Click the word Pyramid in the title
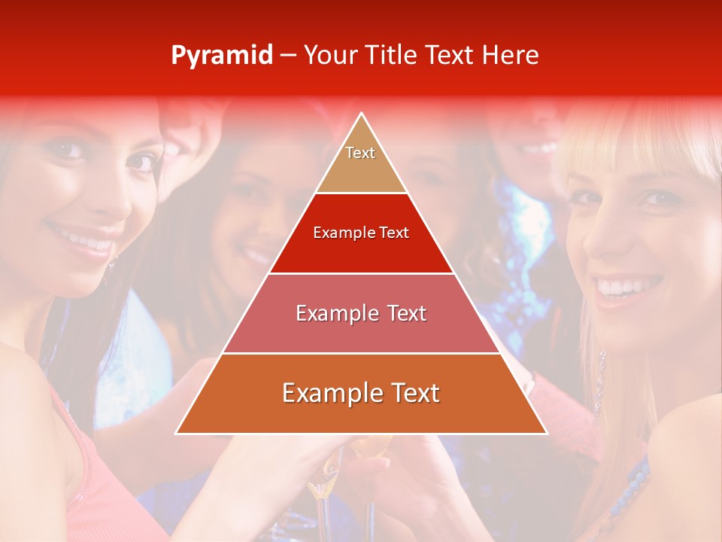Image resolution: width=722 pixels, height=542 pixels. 221,56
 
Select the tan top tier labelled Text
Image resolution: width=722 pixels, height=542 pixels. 360,162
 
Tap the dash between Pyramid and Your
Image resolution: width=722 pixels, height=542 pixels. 287,56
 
